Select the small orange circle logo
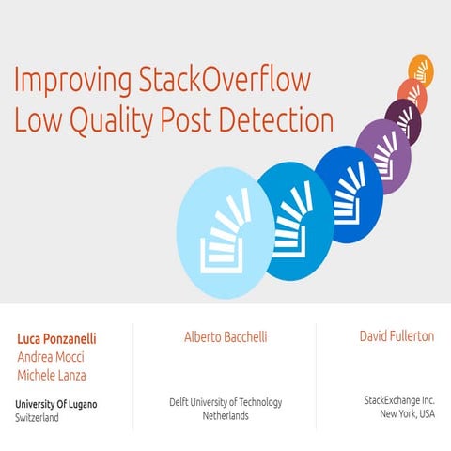[x=421, y=70]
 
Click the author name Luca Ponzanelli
[x=56, y=338]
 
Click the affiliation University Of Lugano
[x=56, y=404]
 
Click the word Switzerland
[x=38, y=417]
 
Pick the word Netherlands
[x=225, y=415]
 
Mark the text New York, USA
[x=407, y=413]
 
